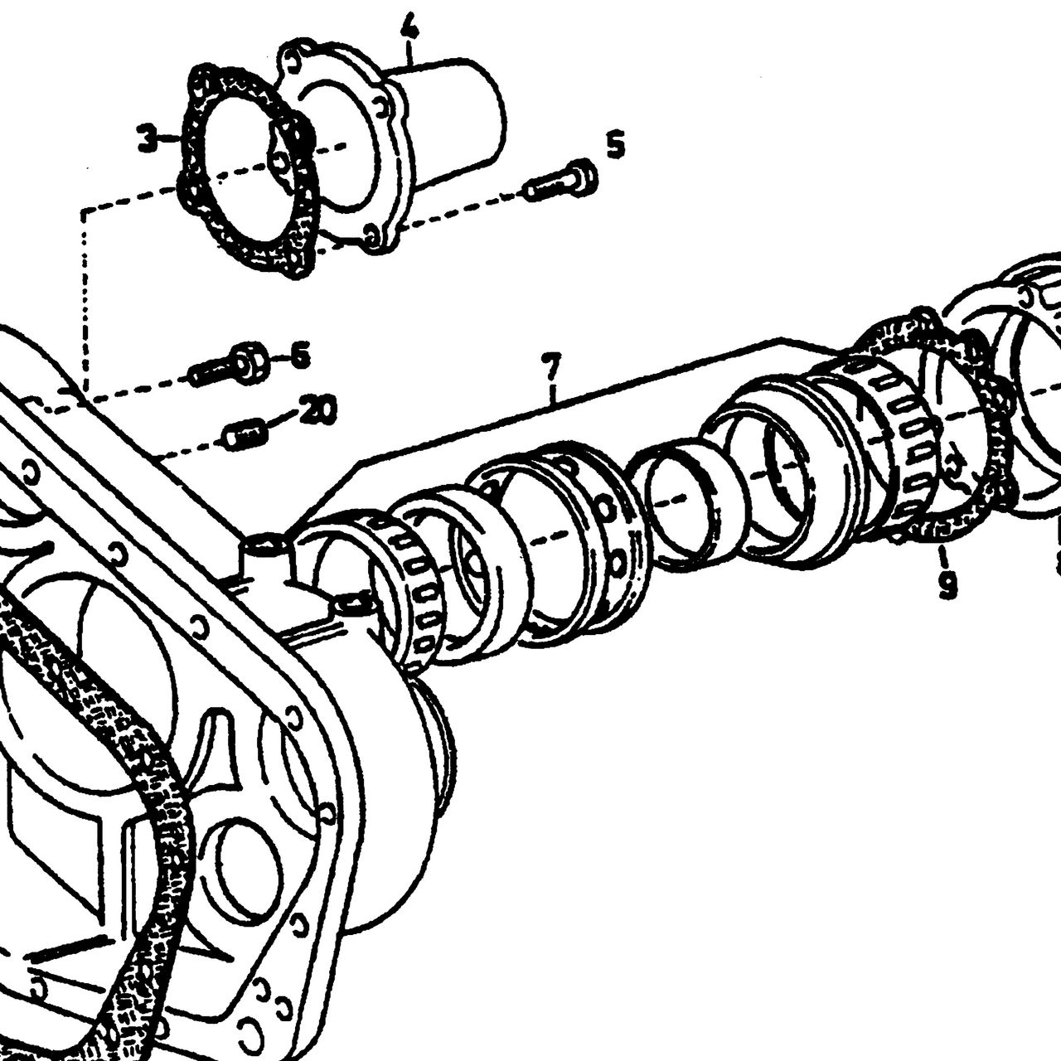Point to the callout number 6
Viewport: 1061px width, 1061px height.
click(299, 355)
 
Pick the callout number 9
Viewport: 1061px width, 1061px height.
click(947, 584)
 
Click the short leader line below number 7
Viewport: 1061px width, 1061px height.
click(554, 393)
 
